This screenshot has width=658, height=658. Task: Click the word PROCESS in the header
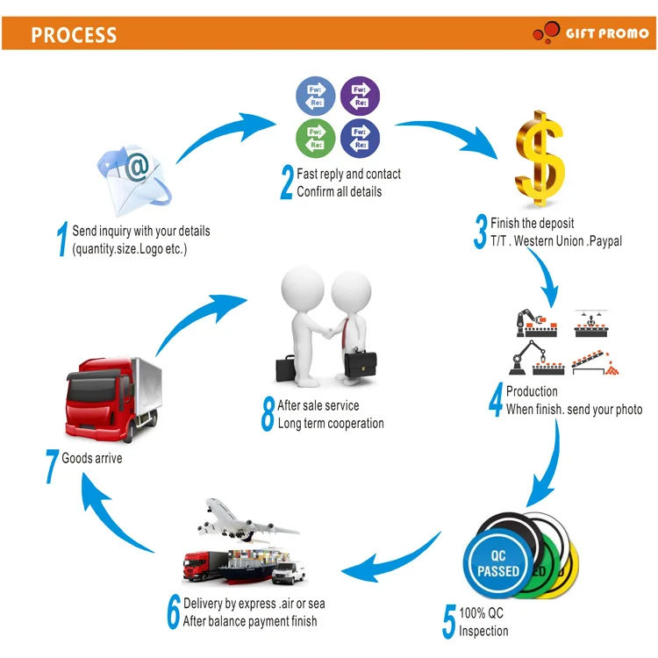coord(74,35)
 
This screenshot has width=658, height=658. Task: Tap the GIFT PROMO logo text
coord(605,33)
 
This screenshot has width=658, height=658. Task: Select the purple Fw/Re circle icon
coord(360,97)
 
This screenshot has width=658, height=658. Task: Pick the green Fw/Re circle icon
coord(315,139)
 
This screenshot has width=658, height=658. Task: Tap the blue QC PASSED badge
coord(498,563)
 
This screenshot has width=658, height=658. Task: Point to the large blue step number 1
coord(62,240)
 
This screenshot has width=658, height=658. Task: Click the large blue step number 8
coord(268,415)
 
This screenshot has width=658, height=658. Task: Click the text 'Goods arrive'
coord(91,458)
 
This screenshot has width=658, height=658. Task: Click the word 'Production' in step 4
coord(532,391)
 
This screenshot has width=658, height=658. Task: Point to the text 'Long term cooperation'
coord(331,423)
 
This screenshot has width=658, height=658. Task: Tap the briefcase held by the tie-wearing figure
coord(364,362)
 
